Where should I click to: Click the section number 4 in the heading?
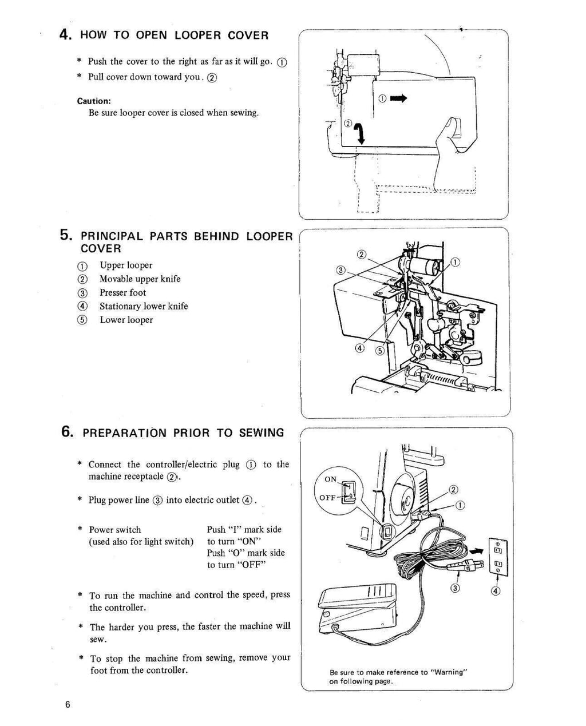(65, 34)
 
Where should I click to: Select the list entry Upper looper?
(126, 265)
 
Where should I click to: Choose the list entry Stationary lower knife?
(143, 306)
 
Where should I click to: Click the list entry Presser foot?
(122, 292)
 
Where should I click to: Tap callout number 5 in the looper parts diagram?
(379, 351)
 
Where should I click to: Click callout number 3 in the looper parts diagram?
(340, 270)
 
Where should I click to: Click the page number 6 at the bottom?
(68, 704)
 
